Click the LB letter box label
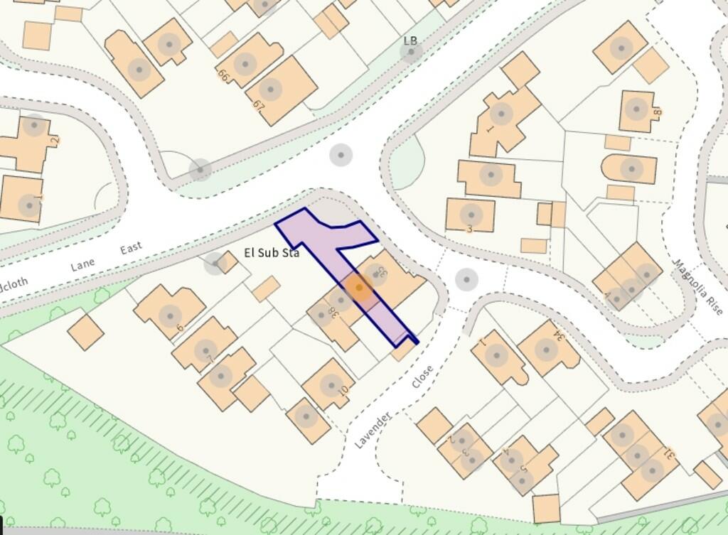pyautogui.click(x=410, y=41)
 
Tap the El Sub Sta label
pyautogui.click(x=272, y=252)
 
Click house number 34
pyautogui.click(x=547, y=348)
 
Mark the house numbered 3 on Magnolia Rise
pyautogui.click(x=471, y=215)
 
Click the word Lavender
pyautogui.click(x=374, y=429)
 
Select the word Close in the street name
pyautogui.click(x=422, y=377)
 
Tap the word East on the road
pyautogui.click(x=131, y=248)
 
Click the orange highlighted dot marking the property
pyautogui.click(x=359, y=288)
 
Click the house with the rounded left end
pyautogui.click(x=629, y=169)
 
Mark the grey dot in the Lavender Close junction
pyautogui.click(x=466, y=279)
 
